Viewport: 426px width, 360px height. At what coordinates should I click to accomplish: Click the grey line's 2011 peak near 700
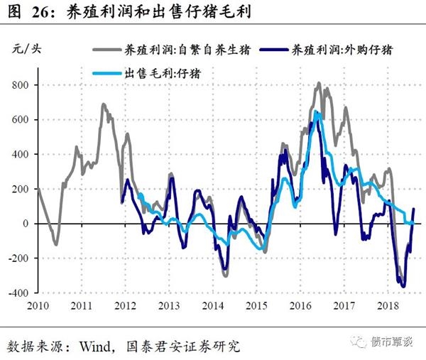coord(104,104)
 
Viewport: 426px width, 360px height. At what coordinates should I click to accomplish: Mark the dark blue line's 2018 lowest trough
coord(403,286)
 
